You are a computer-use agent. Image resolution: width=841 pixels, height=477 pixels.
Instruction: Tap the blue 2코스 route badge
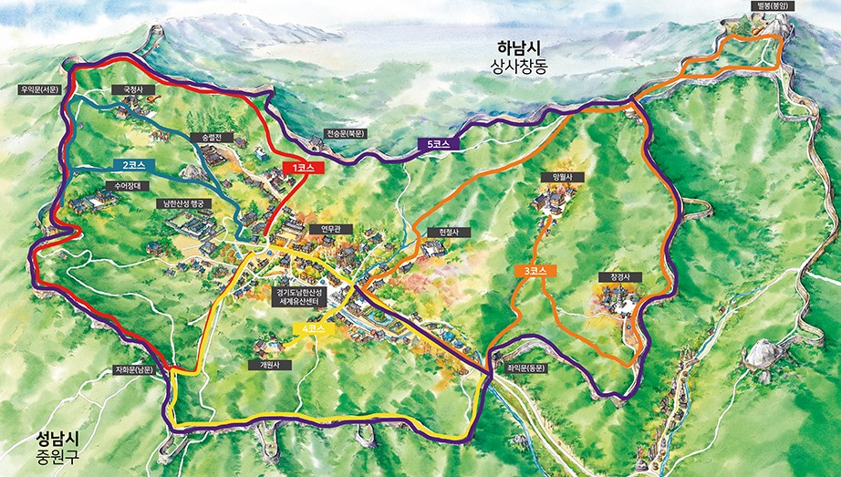(136, 166)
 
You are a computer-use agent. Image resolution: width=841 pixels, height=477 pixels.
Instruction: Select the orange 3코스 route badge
(535, 271)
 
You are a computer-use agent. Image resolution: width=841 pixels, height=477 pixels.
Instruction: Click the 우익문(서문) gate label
(38, 89)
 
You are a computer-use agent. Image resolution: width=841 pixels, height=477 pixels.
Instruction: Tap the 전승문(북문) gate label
(346, 133)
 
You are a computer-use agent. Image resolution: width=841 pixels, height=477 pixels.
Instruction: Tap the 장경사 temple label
(614, 275)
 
